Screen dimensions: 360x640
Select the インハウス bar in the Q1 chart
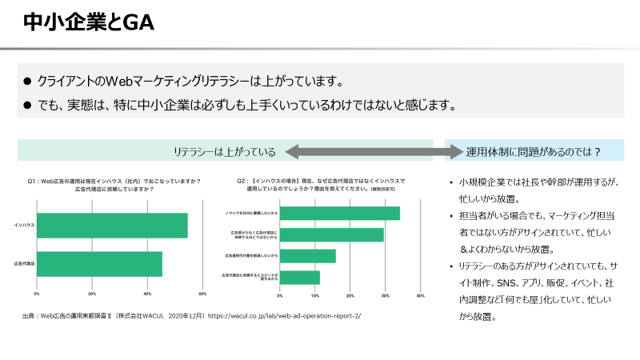112,226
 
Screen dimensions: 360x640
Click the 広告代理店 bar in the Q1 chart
99,264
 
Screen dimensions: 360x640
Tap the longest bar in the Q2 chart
339,213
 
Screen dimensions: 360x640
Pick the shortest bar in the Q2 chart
299,278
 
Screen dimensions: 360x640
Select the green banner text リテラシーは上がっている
225,151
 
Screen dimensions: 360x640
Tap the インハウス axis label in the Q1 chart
23,226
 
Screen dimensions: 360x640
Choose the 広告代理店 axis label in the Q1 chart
22,264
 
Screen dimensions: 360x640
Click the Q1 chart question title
114,185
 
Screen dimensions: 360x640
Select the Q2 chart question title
320,185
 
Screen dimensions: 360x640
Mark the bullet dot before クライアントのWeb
26,82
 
